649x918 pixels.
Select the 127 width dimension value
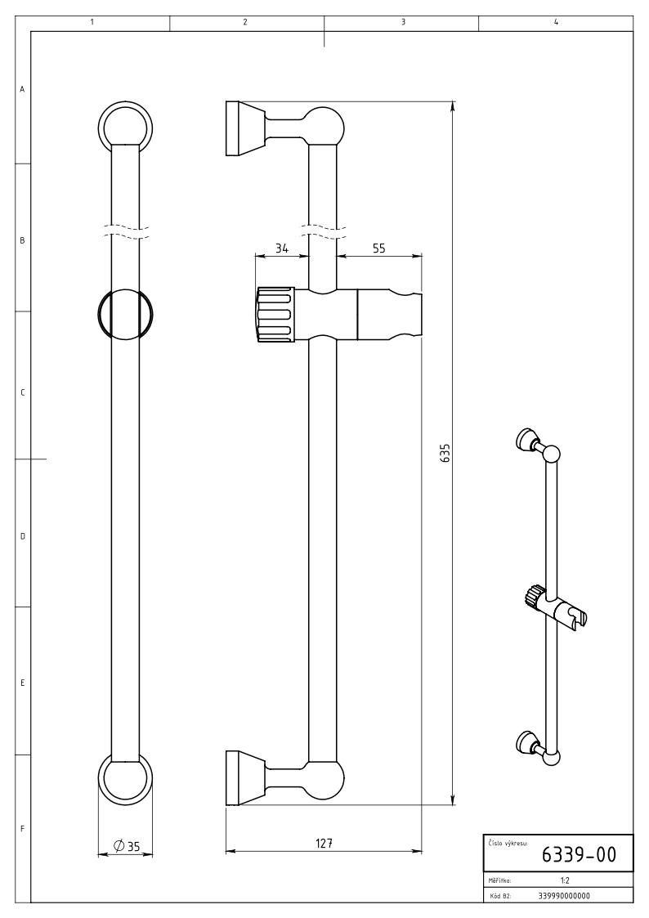[x=324, y=843]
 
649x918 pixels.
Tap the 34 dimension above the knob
[x=281, y=249]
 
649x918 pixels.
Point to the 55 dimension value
[x=378, y=249]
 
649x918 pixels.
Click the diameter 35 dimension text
[x=126, y=846]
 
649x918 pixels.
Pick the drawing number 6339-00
[x=579, y=855]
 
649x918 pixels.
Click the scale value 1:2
[x=565, y=880]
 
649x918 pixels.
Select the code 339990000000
[x=564, y=895]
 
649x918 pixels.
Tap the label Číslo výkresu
[x=507, y=844]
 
